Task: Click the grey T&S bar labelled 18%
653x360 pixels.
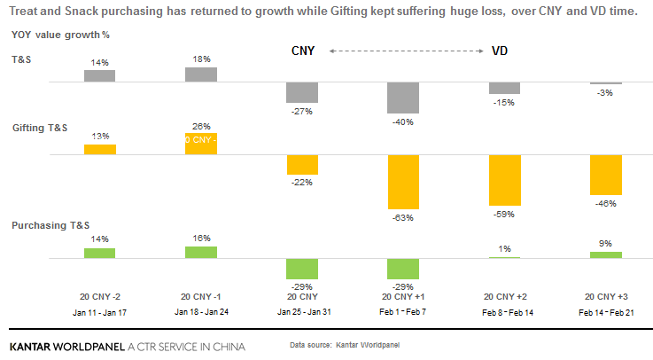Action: point(201,74)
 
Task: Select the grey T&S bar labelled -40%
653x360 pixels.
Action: point(403,98)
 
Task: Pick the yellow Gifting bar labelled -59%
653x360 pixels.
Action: point(504,178)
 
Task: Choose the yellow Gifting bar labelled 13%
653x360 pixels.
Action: point(100,149)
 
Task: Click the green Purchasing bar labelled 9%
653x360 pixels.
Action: point(605,255)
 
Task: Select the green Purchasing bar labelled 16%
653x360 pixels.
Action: point(201,253)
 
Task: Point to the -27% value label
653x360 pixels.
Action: point(303,111)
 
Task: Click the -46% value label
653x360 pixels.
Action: point(605,203)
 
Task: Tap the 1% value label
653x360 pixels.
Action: point(504,247)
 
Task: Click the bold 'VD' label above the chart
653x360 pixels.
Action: point(501,51)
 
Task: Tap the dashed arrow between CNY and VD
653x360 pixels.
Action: point(406,51)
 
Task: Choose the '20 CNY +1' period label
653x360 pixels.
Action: point(403,296)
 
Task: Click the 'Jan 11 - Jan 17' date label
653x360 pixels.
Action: point(100,312)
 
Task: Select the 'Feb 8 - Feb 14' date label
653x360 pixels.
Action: point(504,312)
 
